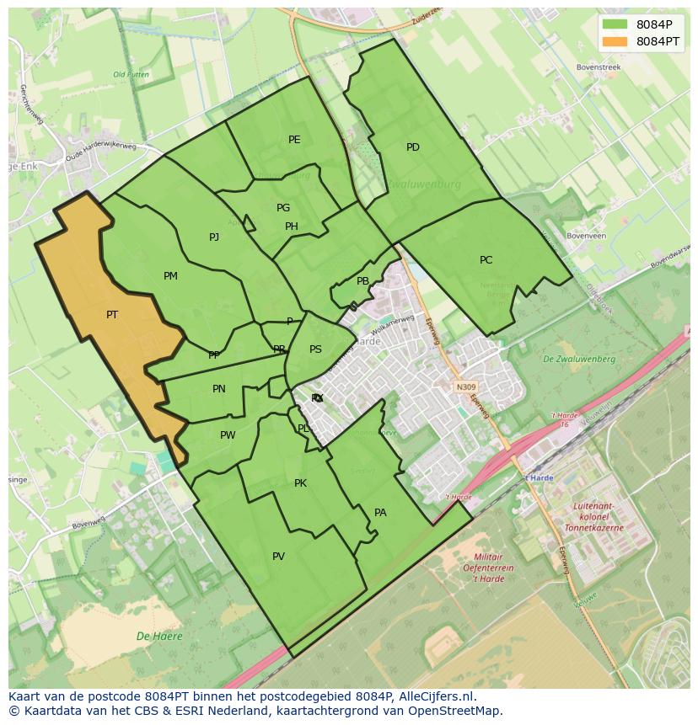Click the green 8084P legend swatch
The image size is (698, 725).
pos(615,24)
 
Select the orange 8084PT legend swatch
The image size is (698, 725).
pos(615,41)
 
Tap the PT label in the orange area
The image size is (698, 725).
pos(112,315)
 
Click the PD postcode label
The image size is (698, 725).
pos(413,147)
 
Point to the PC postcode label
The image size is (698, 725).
pos(486,260)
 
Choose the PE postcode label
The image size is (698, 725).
pos(294,140)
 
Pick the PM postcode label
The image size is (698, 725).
pos(170,276)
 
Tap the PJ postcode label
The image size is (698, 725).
pos(214,237)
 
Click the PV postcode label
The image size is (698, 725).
pos(278,557)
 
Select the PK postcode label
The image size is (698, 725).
pos(300,483)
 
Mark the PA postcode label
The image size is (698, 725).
pos(380,513)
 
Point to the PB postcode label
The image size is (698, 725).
pos(362,282)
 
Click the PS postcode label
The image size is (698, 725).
pos(315,349)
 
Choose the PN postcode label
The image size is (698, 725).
pos(219,389)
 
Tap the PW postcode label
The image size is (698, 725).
pos(228,435)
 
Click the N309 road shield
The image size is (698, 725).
pos(465,387)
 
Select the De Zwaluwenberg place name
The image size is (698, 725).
pos(579,360)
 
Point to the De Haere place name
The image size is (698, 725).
pos(159,637)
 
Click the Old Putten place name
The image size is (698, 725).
pos(131,75)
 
